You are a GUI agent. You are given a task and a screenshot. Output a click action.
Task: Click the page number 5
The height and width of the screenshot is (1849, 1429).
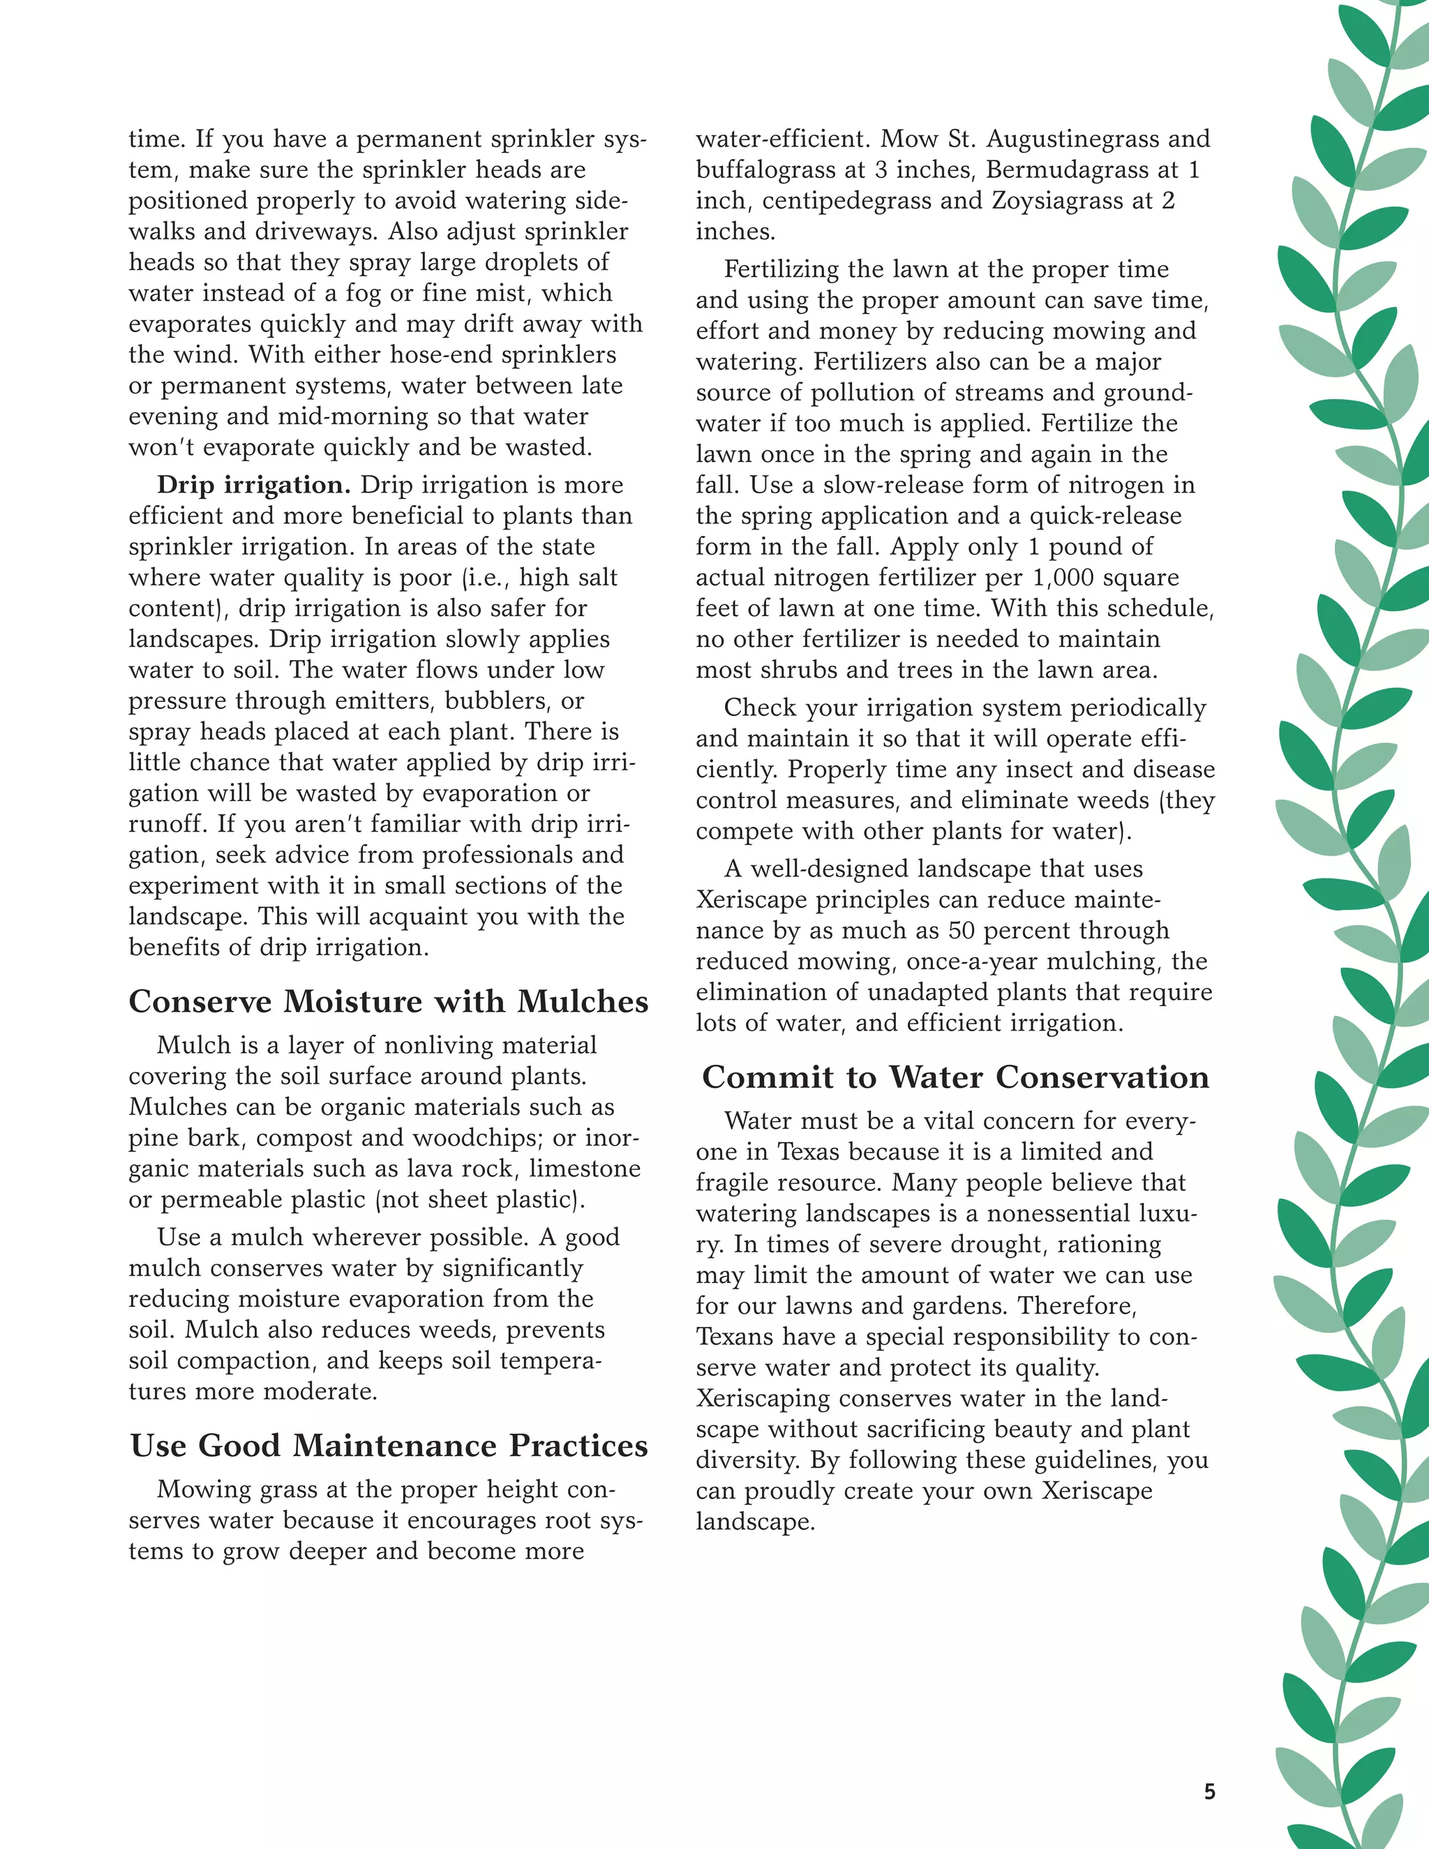(x=1209, y=1790)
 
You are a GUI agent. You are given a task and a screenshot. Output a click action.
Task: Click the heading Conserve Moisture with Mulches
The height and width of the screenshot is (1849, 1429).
(x=389, y=1001)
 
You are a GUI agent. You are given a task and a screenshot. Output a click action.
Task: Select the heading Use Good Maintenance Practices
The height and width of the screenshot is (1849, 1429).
(x=389, y=1446)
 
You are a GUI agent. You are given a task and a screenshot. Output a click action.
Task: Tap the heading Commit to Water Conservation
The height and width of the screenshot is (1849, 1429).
(x=955, y=1077)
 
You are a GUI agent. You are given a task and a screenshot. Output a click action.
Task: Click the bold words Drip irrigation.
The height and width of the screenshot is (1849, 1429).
(x=254, y=485)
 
